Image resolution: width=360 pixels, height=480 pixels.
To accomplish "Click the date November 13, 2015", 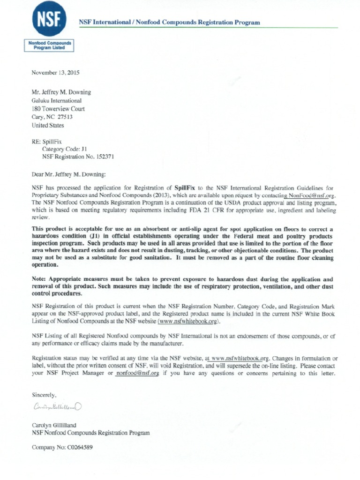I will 55,74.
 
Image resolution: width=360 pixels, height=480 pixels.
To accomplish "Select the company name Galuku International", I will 56,101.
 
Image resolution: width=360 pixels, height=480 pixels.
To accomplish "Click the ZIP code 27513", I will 65,117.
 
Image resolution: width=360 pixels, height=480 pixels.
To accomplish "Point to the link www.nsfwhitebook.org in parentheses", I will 187,322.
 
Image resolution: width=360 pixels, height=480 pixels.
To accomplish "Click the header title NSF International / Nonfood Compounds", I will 169,22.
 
